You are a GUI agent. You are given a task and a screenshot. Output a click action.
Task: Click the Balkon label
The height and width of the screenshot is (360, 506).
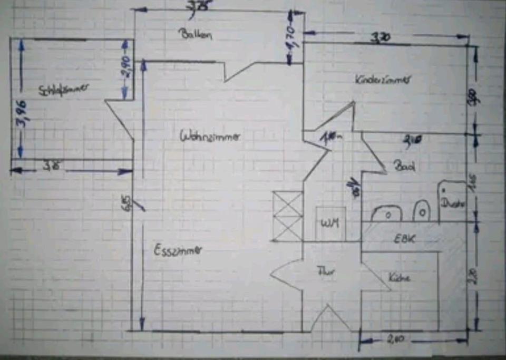pyautogui.click(x=195, y=35)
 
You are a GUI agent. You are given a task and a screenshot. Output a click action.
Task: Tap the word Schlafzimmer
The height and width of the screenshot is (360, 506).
pyautogui.click(x=63, y=89)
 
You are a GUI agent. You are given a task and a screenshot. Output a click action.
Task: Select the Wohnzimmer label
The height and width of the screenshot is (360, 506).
pyautogui.click(x=210, y=136)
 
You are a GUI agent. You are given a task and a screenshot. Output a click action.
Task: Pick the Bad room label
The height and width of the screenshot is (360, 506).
pyautogui.click(x=404, y=166)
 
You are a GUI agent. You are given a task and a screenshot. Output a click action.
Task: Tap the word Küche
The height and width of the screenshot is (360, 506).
pyautogui.click(x=399, y=278)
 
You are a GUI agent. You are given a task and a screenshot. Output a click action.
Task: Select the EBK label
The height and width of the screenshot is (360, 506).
pyautogui.click(x=405, y=238)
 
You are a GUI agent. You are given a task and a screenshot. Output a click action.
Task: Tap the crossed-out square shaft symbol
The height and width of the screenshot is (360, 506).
pyautogui.click(x=287, y=216)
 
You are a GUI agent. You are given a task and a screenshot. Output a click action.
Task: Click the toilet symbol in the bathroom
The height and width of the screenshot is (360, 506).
pyautogui.click(x=421, y=211)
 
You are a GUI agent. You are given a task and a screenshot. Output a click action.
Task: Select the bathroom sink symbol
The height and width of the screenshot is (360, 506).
pyautogui.click(x=387, y=213)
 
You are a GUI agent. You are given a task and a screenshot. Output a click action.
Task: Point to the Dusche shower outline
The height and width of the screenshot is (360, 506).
pyautogui.click(x=452, y=201)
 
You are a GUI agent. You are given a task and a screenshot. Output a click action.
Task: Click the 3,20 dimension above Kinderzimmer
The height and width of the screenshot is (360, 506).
pyautogui.click(x=381, y=38)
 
